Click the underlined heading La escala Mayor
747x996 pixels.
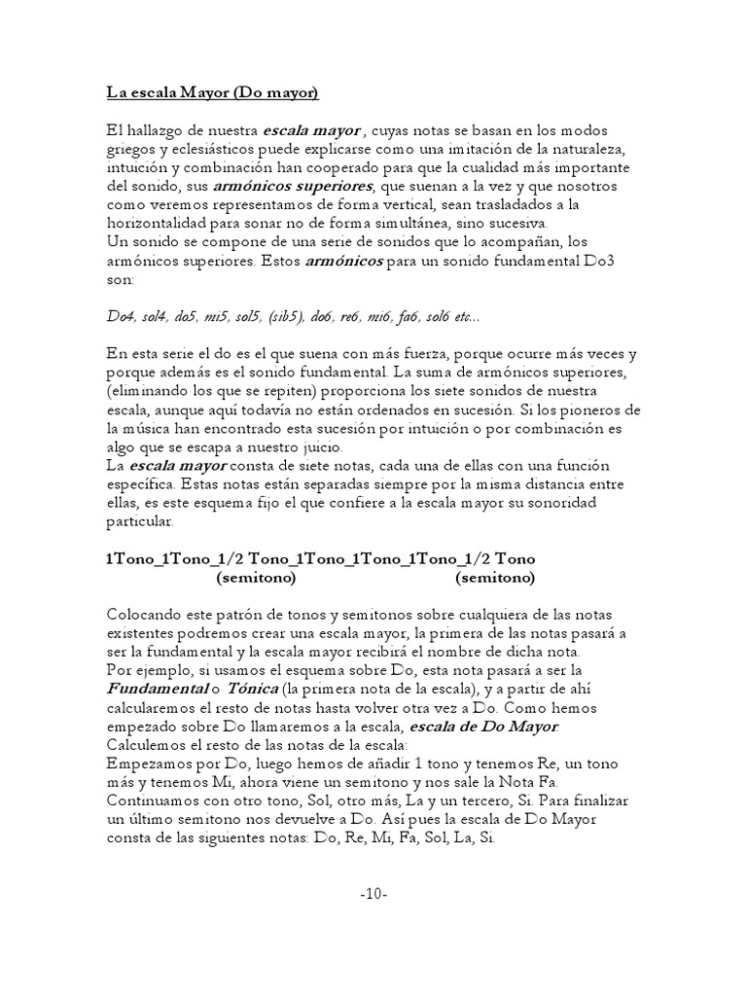pos(212,94)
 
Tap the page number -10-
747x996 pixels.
pos(373,894)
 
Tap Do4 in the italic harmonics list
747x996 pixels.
pos(120,317)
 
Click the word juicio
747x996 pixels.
pos(313,447)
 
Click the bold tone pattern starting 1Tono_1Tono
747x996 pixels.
pos(320,559)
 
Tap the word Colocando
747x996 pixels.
pos(144,615)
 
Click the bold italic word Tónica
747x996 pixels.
pos(251,688)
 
